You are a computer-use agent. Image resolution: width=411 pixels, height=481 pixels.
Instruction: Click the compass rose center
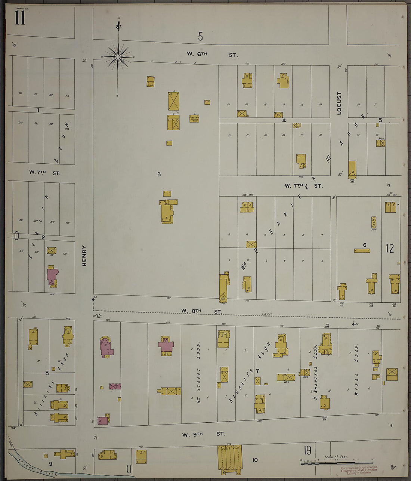(x=118, y=57)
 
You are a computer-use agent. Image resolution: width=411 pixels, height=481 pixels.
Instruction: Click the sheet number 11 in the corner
(x=20, y=18)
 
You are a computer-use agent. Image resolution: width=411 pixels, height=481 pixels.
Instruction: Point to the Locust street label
(x=339, y=103)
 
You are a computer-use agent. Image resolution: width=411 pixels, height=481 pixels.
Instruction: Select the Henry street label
(x=84, y=256)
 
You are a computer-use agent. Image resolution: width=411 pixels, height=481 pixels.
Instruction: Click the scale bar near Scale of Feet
(x=336, y=463)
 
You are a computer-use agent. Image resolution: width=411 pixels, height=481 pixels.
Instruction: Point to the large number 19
(x=308, y=450)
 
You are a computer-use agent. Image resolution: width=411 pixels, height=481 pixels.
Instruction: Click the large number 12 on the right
(x=390, y=249)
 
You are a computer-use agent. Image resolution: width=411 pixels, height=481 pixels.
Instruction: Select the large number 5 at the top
(x=201, y=37)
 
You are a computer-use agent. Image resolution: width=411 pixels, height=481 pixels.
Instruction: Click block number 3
(x=159, y=174)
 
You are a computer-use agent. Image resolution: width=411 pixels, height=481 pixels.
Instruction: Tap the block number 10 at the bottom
(x=255, y=460)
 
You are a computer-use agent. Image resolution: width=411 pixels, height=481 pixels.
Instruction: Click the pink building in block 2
(x=52, y=276)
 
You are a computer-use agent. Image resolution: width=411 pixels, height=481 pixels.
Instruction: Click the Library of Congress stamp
(x=359, y=470)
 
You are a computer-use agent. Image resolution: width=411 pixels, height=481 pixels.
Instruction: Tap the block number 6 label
(x=365, y=245)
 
